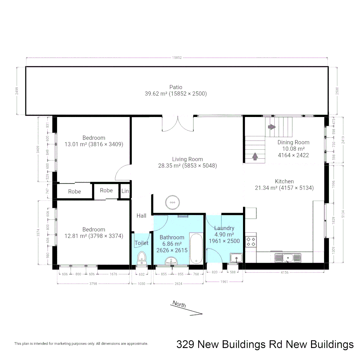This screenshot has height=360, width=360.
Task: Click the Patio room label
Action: [x=176, y=87]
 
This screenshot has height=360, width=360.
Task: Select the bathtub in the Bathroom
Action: [x=196, y=249]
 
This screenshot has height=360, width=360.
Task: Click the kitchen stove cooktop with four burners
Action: [x=250, y=241]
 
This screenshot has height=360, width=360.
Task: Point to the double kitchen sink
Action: [x=288, y=257]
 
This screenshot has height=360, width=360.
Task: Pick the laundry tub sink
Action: [x=236, y=258]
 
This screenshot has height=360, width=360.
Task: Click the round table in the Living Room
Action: [x=172, y=202]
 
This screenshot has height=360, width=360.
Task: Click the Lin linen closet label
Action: [x=125, y=191]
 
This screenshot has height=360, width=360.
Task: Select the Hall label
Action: [x=141, y=216]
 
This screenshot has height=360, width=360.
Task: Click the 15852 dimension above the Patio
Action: [x=177, y=58]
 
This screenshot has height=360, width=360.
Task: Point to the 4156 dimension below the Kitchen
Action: [x=284, y=272]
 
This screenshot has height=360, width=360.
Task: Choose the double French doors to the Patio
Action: [x=177, y=124]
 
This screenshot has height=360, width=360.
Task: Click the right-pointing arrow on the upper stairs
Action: [x=272, y=127]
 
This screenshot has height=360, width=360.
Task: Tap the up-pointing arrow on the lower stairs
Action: [x=255, y=156]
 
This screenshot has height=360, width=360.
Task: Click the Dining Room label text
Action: [x=293, y=142]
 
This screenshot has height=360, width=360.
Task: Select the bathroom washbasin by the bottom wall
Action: [x=171, y=261]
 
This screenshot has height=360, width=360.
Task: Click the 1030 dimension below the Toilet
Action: [x=141, y=284]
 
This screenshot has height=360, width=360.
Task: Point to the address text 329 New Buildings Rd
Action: [x=265, y=344]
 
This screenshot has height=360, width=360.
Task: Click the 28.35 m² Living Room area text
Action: [x=187, y=165]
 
